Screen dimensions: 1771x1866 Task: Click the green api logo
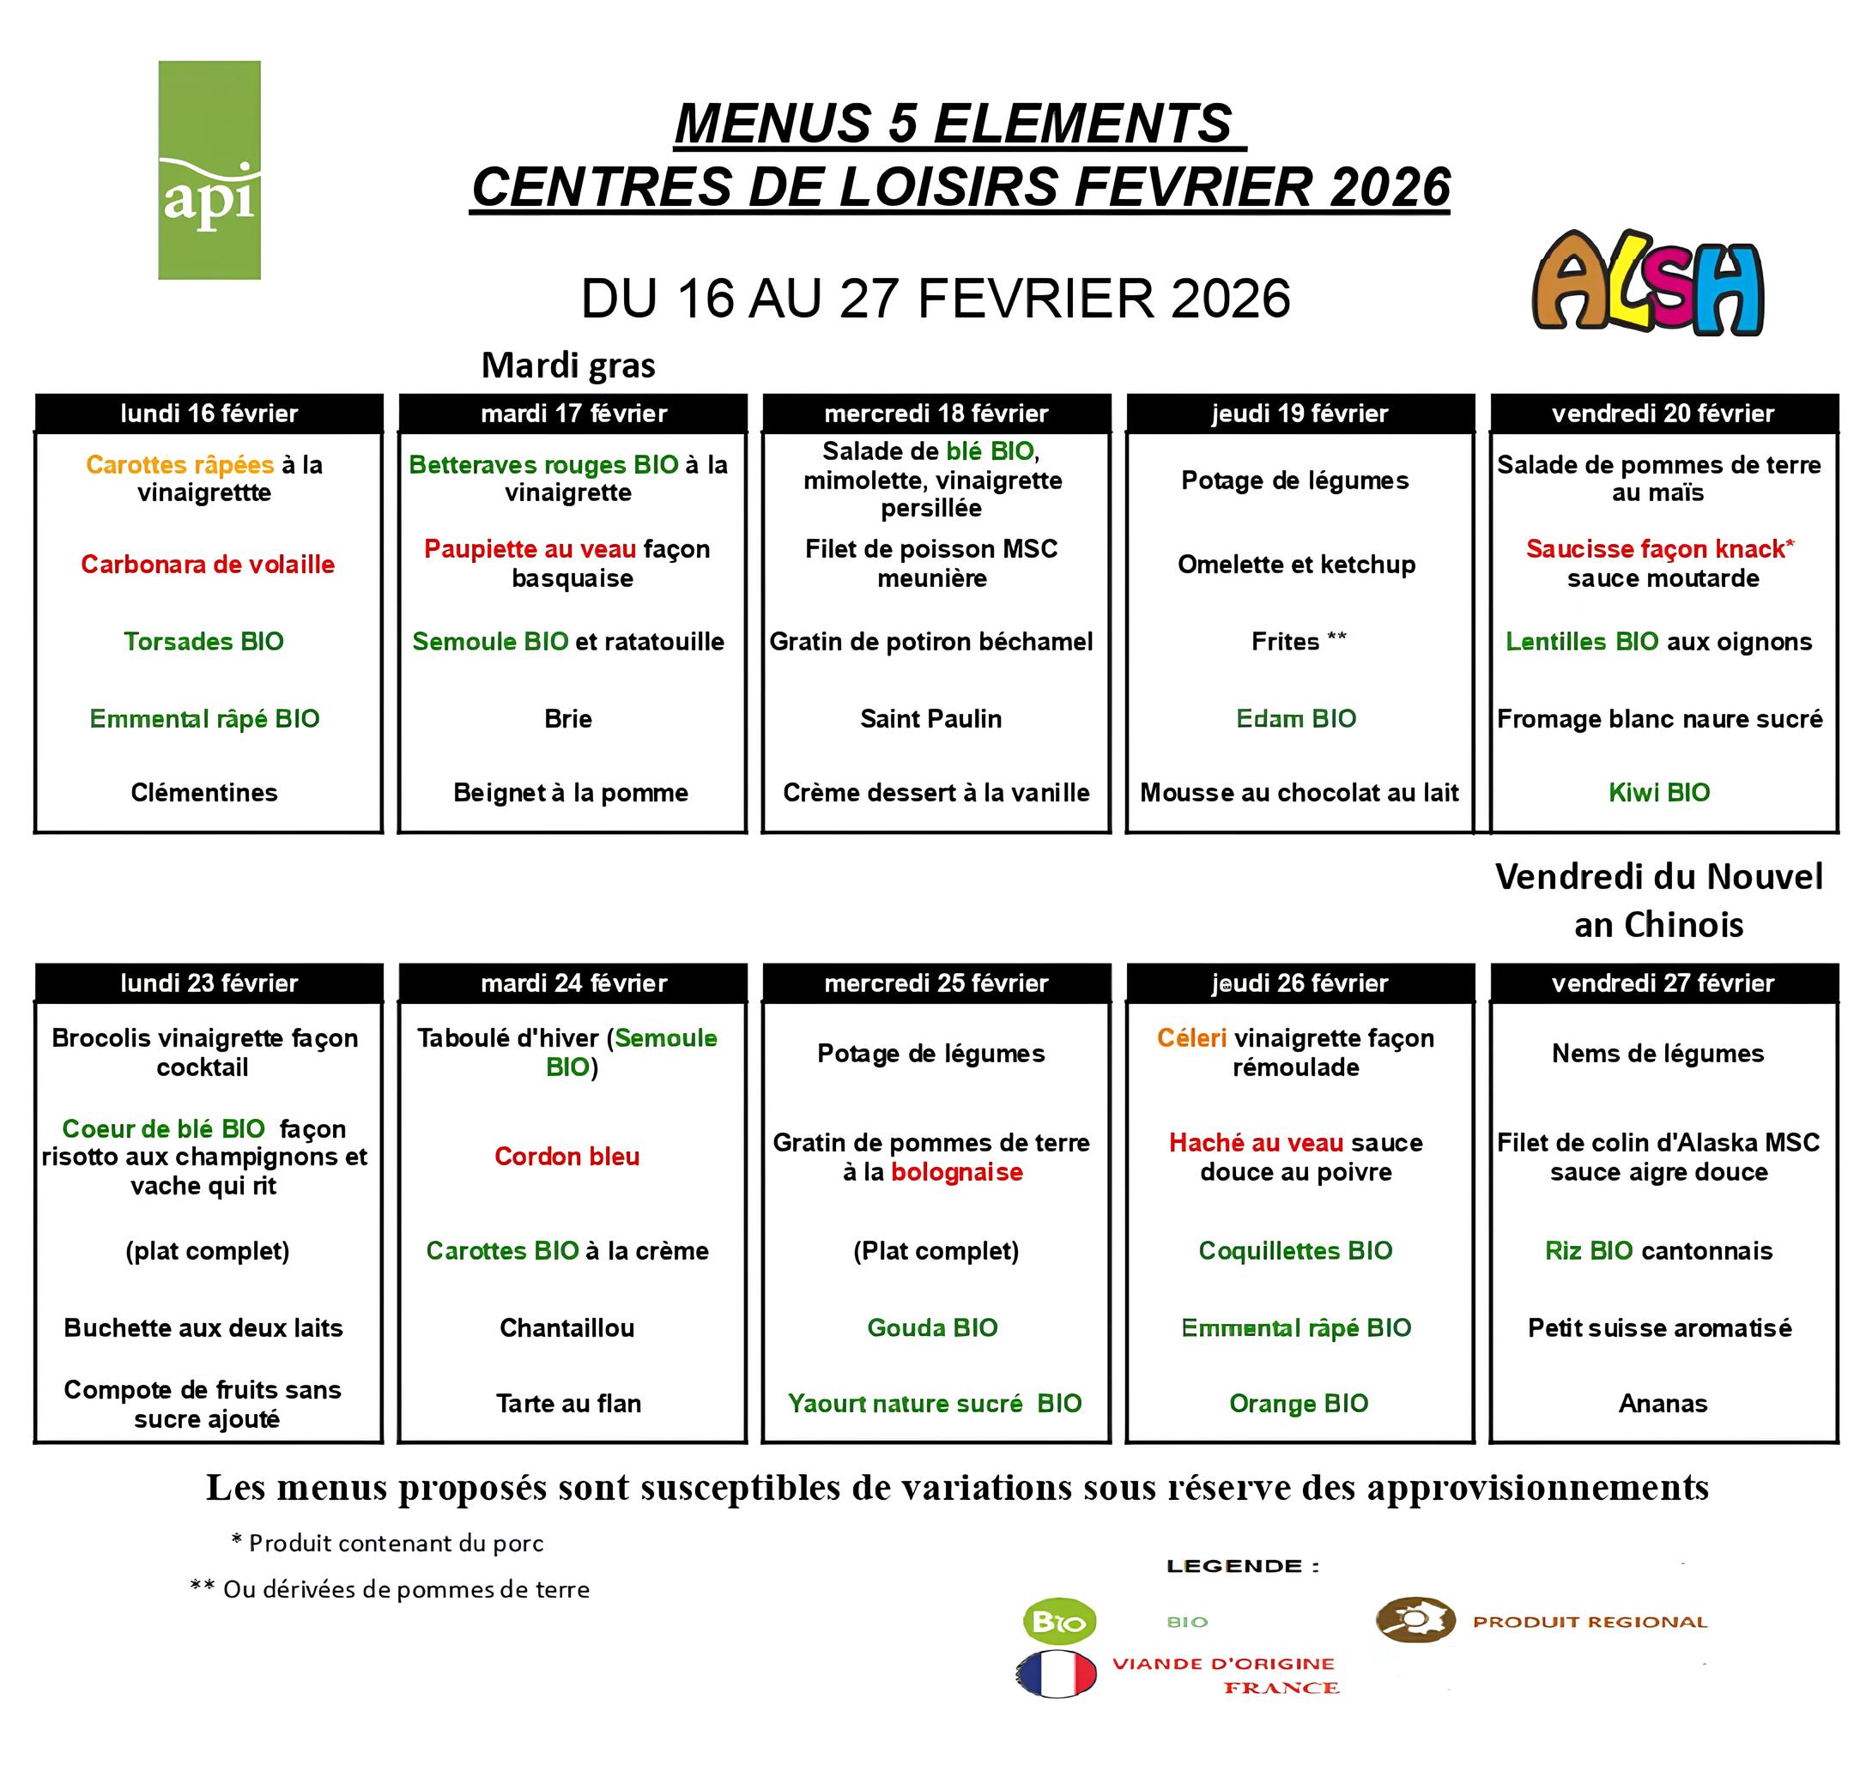coord(209,170)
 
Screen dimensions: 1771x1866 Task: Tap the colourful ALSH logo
coord(1647,283)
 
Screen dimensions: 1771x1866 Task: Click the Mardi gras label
coord(567,366)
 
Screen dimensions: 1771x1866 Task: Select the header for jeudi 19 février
coord(1300,414)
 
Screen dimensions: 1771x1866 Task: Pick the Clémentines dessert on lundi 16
coord(204,792)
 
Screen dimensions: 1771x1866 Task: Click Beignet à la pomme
coord(571,792)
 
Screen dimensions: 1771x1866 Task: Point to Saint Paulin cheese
coord(931,718)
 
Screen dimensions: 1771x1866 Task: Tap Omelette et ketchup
coord(1297,565)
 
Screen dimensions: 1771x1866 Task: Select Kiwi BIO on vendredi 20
coord(1659,792)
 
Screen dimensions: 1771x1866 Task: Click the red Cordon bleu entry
coord(566,1157)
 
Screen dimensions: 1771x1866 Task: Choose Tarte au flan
coord(568,1404)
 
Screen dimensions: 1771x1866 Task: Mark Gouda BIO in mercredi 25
coord(932,1328)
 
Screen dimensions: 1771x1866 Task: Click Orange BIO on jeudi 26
coord(1299,1404)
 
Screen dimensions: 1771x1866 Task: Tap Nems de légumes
coord(1657,1054)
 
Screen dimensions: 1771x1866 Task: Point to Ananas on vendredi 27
coord(1663,1404)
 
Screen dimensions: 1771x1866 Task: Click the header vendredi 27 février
coord(1663,983)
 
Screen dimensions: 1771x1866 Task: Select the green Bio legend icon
coord(1059,1622)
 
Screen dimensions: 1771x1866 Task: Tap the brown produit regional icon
coord(1415,1620)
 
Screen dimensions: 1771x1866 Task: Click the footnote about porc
coord(387,1544)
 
